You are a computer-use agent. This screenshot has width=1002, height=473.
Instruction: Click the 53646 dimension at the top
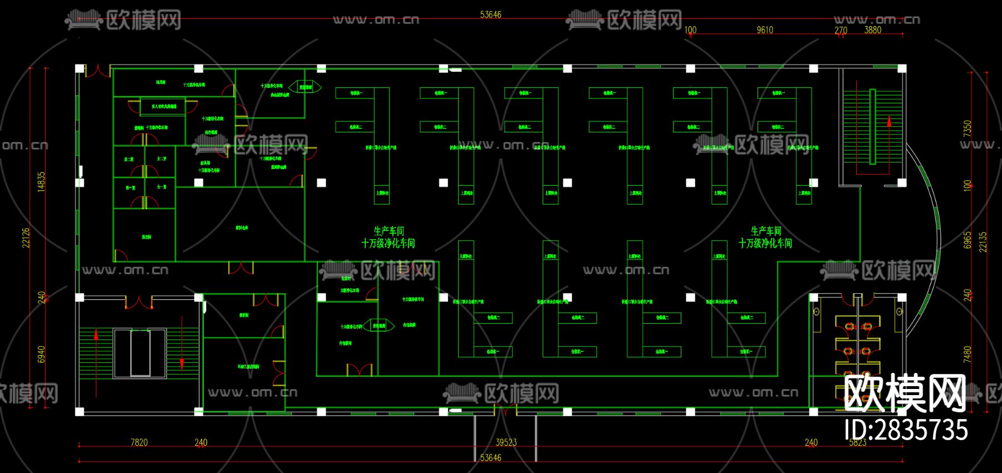pyautogui.click(x=490, y=14)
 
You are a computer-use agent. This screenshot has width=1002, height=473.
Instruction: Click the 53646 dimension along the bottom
pyautogui.click(x=490, y=457)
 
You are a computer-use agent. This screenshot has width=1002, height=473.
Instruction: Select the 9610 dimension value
pyautogui.click(x=765, y=30)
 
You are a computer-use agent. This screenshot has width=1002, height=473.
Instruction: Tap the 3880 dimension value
pyautogui.click(x=872, y=30)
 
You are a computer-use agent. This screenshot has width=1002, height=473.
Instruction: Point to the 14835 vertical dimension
pyautogui.click(x=41, y=181)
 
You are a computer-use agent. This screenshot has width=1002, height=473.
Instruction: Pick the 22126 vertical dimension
pyautogui.click(x=26, y=238)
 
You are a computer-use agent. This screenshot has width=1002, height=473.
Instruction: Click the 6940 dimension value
pyautogui.click(x=41, y=354)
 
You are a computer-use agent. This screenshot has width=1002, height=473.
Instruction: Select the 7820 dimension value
pyautogui.click(x=139, y=442)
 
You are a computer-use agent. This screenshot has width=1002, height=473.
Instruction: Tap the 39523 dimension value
pyautogui.click(x=506, y=442)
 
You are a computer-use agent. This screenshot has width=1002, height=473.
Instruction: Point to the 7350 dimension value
pyautogui.click(x=967, y=129)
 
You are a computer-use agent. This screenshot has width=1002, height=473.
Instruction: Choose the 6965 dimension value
pyautogui.click(x=967, y=240)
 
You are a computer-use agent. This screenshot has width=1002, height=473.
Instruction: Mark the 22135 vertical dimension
pyautogui.click(x=983, y=242)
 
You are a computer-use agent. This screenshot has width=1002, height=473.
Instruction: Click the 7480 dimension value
pyautogui.click(x=967, y=354)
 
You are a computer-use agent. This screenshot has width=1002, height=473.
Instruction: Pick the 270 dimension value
pyautogui.click(x=841, y=30)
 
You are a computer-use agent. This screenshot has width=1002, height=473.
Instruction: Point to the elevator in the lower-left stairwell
pyautogui.click(x=140, y=353)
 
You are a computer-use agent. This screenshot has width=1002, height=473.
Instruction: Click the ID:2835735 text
pyautogui.click(x=906, y=430)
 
